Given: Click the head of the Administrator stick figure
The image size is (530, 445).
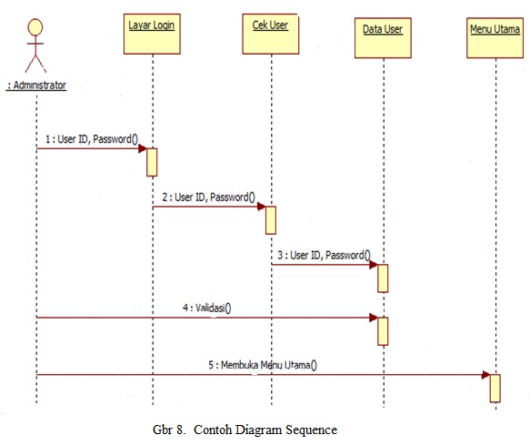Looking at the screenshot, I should click(35, 23).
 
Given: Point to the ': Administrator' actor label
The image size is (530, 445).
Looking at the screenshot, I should click(36, 86).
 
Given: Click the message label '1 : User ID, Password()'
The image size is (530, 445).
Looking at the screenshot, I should click(91, 138).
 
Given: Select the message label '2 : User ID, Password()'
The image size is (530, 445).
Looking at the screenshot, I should click(208, 197).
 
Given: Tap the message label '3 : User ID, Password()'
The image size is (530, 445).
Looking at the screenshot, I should click(324, 255).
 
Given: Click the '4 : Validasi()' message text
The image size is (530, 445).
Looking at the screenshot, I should click(206, 307).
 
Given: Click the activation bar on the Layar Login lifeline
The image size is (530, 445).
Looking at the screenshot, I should click(153, 161).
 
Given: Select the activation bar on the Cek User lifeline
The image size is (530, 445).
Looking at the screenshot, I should click(270, 219).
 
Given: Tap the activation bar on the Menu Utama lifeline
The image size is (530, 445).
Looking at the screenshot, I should click(495, 387).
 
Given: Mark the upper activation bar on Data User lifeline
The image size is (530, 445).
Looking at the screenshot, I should click(383, 278).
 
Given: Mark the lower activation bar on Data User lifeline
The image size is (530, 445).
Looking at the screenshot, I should click(383, 330).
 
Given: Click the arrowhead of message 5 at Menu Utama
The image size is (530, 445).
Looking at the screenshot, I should click(485, 374).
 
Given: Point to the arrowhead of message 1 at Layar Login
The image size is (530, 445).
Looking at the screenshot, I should click(143, 148).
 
